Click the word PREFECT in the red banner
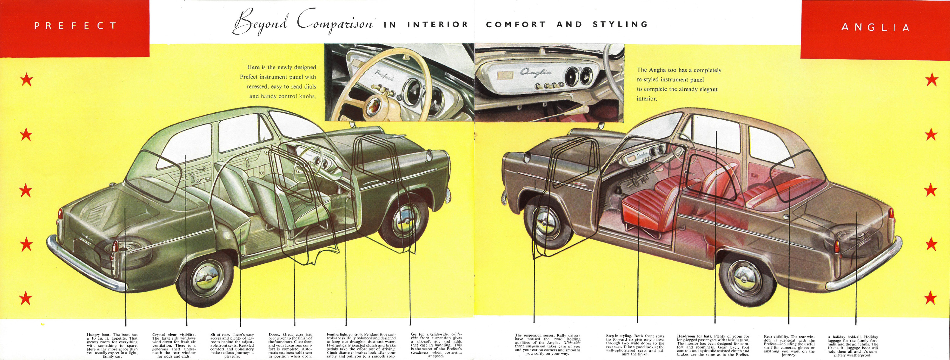[76, 26]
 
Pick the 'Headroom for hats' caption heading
[694, 337]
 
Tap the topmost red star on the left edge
[26, 80]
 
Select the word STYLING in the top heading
[620, 24]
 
